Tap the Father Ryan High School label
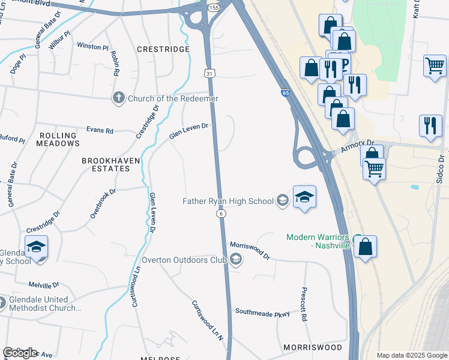228,201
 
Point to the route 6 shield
221,214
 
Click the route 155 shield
214,7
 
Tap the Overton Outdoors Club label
184,260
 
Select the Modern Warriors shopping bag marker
365,247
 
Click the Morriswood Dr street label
250,250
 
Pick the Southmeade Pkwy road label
262,312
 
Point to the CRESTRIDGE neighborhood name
163,49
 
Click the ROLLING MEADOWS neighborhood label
58,140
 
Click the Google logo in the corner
20,353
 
